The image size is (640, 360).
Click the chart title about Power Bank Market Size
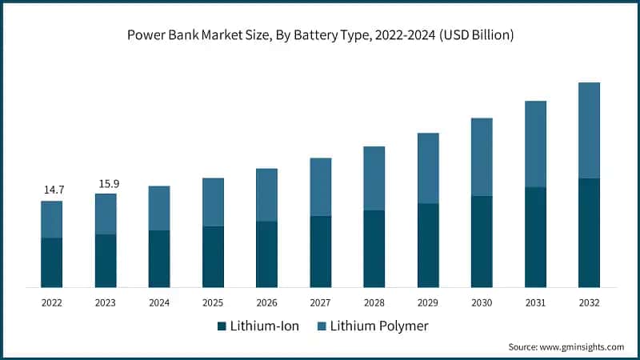tap(320, 35)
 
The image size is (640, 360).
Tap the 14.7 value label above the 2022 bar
tap(52, 190)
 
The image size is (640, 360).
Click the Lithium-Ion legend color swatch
tap(221, 326)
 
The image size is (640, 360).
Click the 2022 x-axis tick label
tap(52, 302)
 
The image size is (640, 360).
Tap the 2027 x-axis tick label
tap(320, 302)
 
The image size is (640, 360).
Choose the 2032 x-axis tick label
tap(589, 302)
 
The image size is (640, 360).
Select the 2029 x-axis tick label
tap(428, 302)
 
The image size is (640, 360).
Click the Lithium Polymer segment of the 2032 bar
tap(589, 130)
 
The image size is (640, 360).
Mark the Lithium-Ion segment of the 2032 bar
tap(589, 233)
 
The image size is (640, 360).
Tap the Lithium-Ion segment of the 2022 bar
tap(52, 262)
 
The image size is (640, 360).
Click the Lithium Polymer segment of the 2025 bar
tap(213, 202)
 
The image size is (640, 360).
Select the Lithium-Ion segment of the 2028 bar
tap(374, 249)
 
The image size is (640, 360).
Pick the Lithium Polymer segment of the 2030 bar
tap(482, 157)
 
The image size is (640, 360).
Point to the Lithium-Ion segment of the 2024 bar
tap(159, 258)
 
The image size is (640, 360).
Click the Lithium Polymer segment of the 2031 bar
tap(535, 144)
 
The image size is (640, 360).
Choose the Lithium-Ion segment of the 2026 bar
tap(266, 254)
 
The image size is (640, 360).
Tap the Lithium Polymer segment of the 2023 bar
tap(106, 214)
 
